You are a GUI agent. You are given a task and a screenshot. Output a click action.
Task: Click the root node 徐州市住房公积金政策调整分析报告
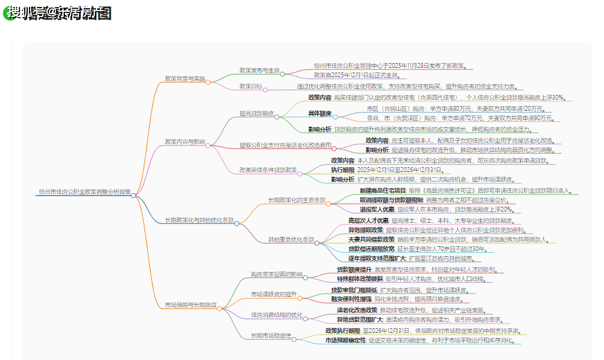click(x=84, y=192)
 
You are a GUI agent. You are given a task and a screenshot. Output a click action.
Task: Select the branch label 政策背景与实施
click(x=185, y=78)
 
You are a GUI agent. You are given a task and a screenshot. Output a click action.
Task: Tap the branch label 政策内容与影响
click(x=185, y=141)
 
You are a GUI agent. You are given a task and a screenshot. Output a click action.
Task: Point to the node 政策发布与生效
click(x=259, y=70)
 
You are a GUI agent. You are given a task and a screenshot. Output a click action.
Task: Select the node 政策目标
click(x=251, y=86)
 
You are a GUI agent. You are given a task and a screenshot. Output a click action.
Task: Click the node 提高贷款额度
click(x=256, y=113)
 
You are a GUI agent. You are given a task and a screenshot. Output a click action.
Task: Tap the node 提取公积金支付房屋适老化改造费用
click(x=285, y=144)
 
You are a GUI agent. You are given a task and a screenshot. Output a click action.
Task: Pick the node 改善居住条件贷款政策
click(x=268, y=169)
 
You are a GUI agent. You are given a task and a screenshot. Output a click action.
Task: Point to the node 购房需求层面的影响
click(x=276, y=274)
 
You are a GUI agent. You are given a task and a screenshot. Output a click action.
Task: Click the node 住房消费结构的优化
click(x=276, y=315)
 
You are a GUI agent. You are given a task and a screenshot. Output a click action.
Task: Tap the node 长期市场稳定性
click(x=270, y=335)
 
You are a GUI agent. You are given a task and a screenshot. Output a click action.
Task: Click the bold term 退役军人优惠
click(x=377, y=209)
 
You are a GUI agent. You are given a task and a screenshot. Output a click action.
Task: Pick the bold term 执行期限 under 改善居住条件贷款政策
click(x=343, y=169)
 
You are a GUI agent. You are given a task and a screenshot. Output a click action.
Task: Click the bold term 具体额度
click(x=320, y=113)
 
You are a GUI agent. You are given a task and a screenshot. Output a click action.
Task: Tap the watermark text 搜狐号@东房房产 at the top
click(x=59, y=13)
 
